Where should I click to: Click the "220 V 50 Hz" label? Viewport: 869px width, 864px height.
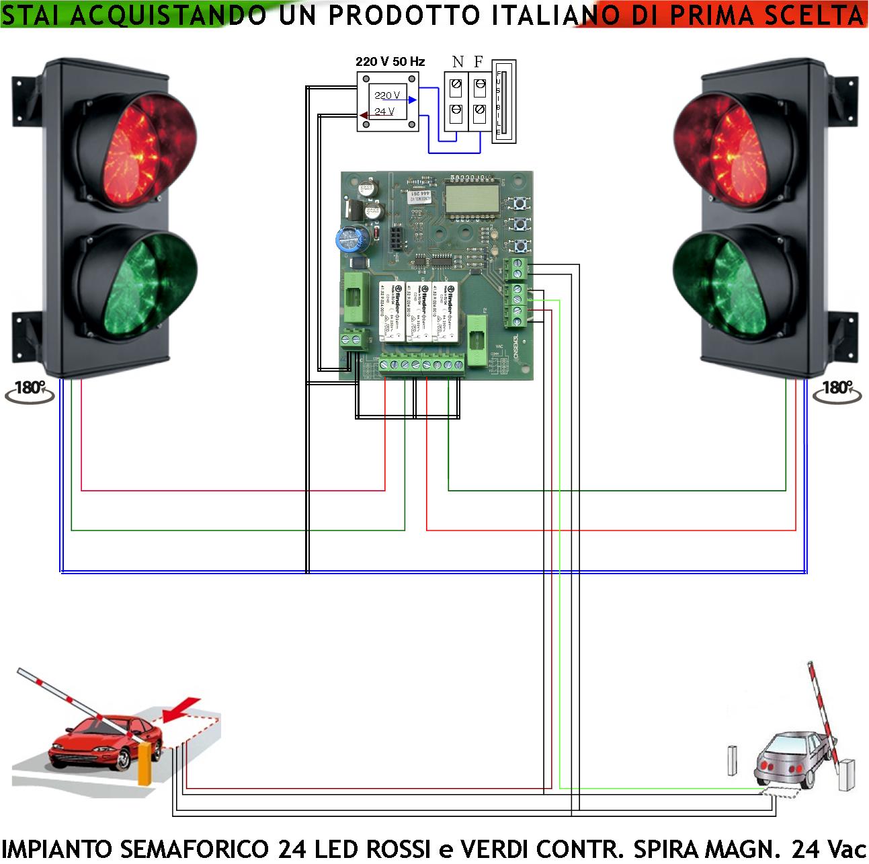tap(390, 61)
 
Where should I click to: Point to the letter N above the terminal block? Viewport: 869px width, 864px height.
tap(458, 62)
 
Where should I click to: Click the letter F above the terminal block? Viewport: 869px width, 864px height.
tap(479, 62)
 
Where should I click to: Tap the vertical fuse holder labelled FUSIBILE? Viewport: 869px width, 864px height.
tap(504, 100)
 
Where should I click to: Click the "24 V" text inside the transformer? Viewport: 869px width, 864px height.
tap(384, 112)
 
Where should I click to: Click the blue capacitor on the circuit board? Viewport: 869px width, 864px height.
tap(350, 240)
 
